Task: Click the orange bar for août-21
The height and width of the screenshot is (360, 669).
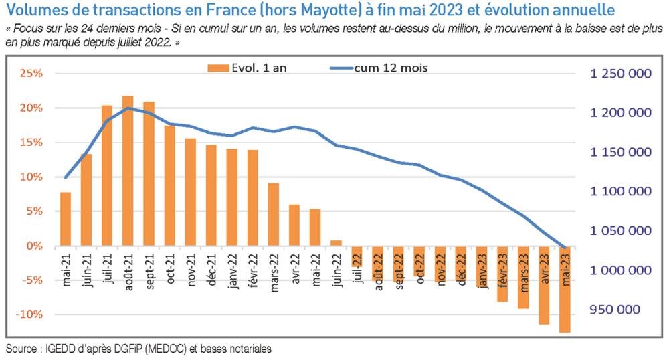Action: pyautogui.click(x=128, y=171)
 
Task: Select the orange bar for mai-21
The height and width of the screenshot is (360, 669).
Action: pyautogui.click(x=66, y=219)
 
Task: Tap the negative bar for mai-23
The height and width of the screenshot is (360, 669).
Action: pyautogui.click(x=565, y=288)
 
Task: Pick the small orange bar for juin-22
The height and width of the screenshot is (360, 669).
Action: pyautogui.click(x=336, y=243)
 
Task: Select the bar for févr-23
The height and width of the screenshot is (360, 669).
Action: pyautogui.click(x=502, y=274)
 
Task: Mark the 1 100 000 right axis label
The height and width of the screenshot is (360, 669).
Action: pyautogui.click(x=620, y=192)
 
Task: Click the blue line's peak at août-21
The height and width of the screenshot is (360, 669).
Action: pyautogui.click(x=128, y=108)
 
